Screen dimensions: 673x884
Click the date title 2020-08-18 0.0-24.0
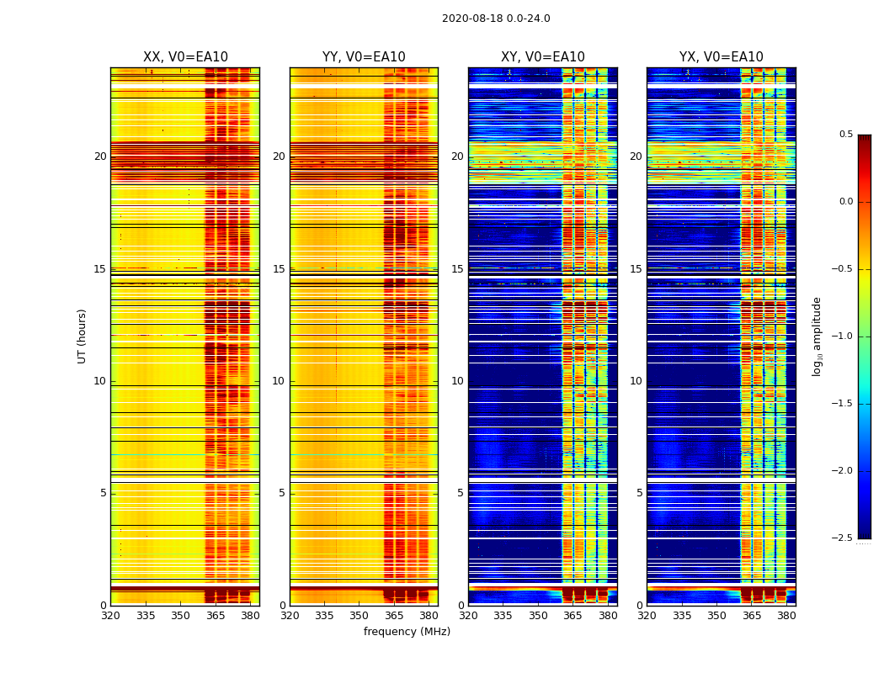(x=496, y=19)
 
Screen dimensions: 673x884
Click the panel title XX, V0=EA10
(x=185, y=57)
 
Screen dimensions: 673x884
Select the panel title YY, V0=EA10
(x=364, y=57)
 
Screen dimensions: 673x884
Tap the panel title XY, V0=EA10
(x=542, y=57)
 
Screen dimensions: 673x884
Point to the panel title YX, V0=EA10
(x=721, y=57)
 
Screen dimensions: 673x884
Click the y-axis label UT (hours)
(x=82, y=336)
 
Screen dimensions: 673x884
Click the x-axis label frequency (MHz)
(x=407, y=632)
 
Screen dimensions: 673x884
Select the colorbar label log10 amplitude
(x=817, y=336)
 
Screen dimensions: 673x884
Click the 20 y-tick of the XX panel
(x=100, y=156)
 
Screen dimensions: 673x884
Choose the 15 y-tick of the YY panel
(x=279, y=269)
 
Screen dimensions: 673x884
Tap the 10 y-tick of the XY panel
(x=457, y=381)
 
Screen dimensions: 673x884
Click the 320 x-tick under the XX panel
(x=110, y=616)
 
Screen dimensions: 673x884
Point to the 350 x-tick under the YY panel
(x=359, y=616)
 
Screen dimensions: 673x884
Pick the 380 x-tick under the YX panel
(x=786, y=616)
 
